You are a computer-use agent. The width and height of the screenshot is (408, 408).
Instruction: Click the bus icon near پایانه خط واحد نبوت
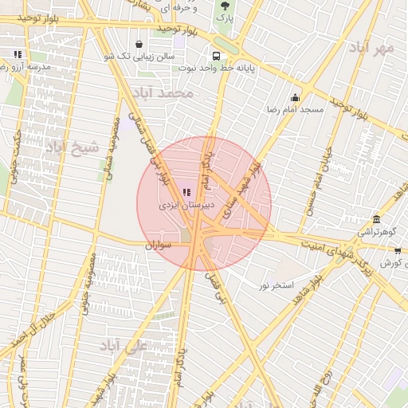pos(215,56)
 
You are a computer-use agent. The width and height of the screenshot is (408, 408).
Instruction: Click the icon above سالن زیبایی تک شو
pos(140,44)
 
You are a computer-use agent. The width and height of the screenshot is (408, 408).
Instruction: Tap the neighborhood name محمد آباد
pos(165,94)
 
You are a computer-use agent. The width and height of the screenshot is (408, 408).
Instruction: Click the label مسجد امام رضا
pos(296,109)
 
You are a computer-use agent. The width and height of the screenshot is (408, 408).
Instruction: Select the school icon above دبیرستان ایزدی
pos(186,192)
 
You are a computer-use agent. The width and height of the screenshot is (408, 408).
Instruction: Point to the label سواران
pos(159,246)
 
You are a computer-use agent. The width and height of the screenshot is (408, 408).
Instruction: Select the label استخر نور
pos(277,284)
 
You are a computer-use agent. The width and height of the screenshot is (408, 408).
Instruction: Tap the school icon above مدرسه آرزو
pos(18,55)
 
